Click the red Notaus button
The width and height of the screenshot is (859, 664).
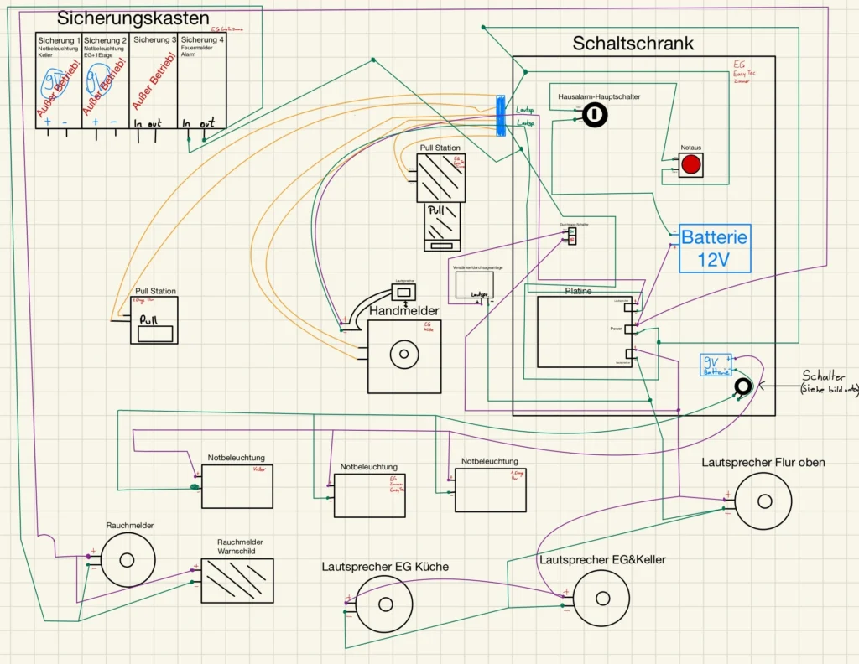click(690, 164)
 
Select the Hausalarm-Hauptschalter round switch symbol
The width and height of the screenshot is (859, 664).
click(595, 115)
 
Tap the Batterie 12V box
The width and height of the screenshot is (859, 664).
click(713, 248)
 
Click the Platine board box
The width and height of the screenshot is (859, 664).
click(585, 331)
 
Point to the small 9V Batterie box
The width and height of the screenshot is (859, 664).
click(715, 365)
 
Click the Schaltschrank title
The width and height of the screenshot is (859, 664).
click(633, 44)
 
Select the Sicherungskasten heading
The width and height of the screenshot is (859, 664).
click(133, 18)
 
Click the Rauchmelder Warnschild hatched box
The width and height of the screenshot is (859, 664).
click(237, 580)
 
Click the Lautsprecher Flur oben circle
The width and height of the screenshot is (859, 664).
click(763, 501)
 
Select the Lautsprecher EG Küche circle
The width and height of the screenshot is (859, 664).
click(385, 604)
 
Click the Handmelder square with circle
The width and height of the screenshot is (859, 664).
click(403, 355)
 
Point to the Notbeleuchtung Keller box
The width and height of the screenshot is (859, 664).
click(237, 486)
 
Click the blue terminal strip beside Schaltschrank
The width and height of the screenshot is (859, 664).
click(500, 115)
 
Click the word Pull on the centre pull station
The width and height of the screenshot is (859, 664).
click(440, 211)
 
